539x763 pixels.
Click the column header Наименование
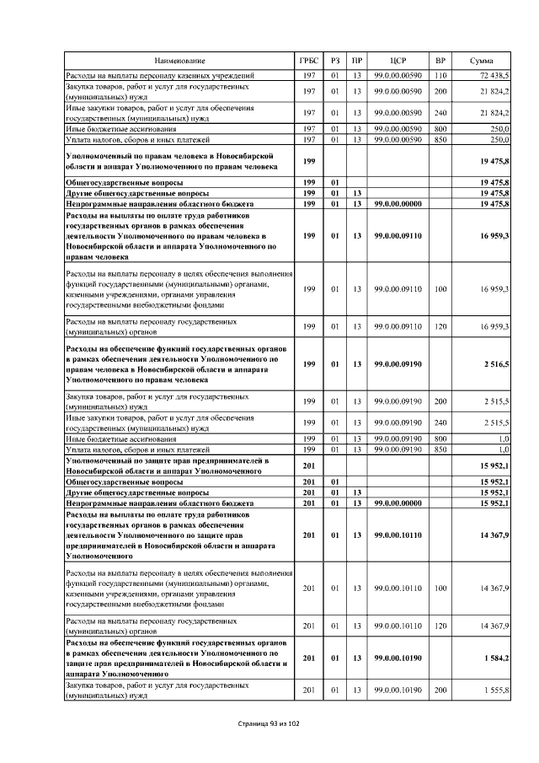click(179, 61)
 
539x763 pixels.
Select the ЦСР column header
click(398, 61)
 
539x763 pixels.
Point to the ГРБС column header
click(308, 61)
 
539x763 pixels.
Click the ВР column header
click(440, 61)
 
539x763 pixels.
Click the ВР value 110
click(440, 77)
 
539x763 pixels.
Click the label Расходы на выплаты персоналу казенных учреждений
click(160, 77)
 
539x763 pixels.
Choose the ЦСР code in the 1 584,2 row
click(398, 658)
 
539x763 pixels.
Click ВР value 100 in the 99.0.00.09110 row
click(440, 289)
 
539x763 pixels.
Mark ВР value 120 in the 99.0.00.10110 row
click(440, 626)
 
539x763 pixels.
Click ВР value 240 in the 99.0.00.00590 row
click(440, 112)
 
